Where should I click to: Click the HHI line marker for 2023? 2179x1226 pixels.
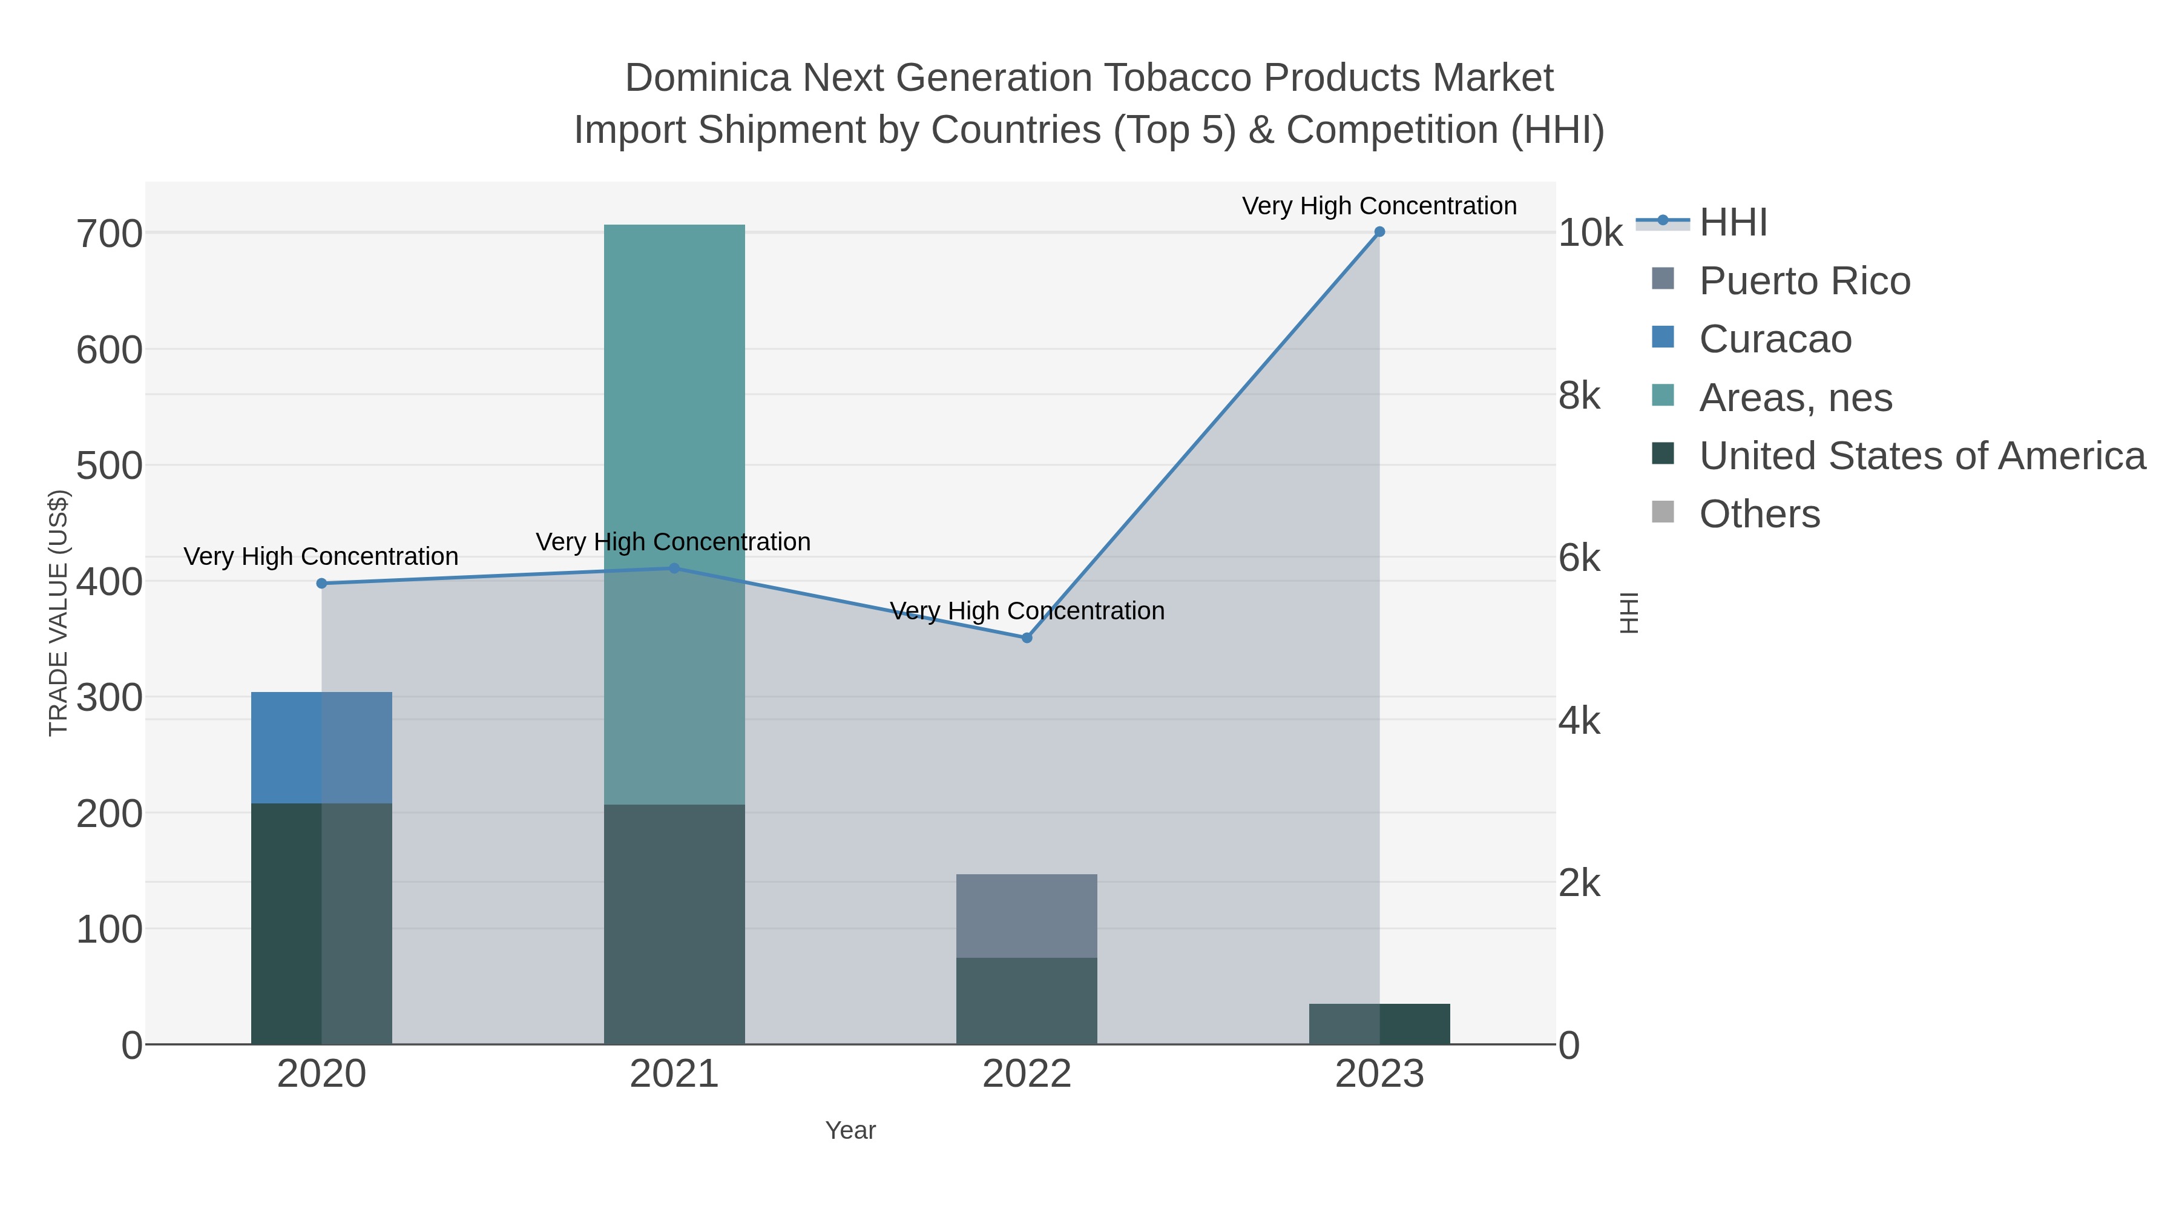tap(1379, 232)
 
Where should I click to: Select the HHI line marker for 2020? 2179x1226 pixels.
tap(321, 583)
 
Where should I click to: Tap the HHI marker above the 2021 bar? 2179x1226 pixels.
tap(674, 569)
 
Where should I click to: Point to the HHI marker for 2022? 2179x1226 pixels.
tap(1027, 638)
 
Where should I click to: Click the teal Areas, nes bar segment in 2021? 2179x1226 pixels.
tap(674, 381)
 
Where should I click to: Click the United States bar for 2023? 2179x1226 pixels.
tap(1379, 1024)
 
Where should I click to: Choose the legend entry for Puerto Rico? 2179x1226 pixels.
tap(1804, 281)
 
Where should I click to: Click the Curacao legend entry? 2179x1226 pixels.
tap(1775, 339)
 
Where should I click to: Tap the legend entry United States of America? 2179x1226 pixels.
tap(1921, 456)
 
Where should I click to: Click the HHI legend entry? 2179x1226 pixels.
tap(1732, 223)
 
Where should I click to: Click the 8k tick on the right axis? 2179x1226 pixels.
tap(1579, 396)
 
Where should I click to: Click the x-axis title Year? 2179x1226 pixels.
tap(850, 1130)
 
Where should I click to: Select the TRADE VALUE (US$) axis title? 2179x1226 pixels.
tap(58, 613)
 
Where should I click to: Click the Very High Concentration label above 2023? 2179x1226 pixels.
tap(1379, 206)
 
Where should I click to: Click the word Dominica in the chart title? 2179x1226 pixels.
tap(707, 78)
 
